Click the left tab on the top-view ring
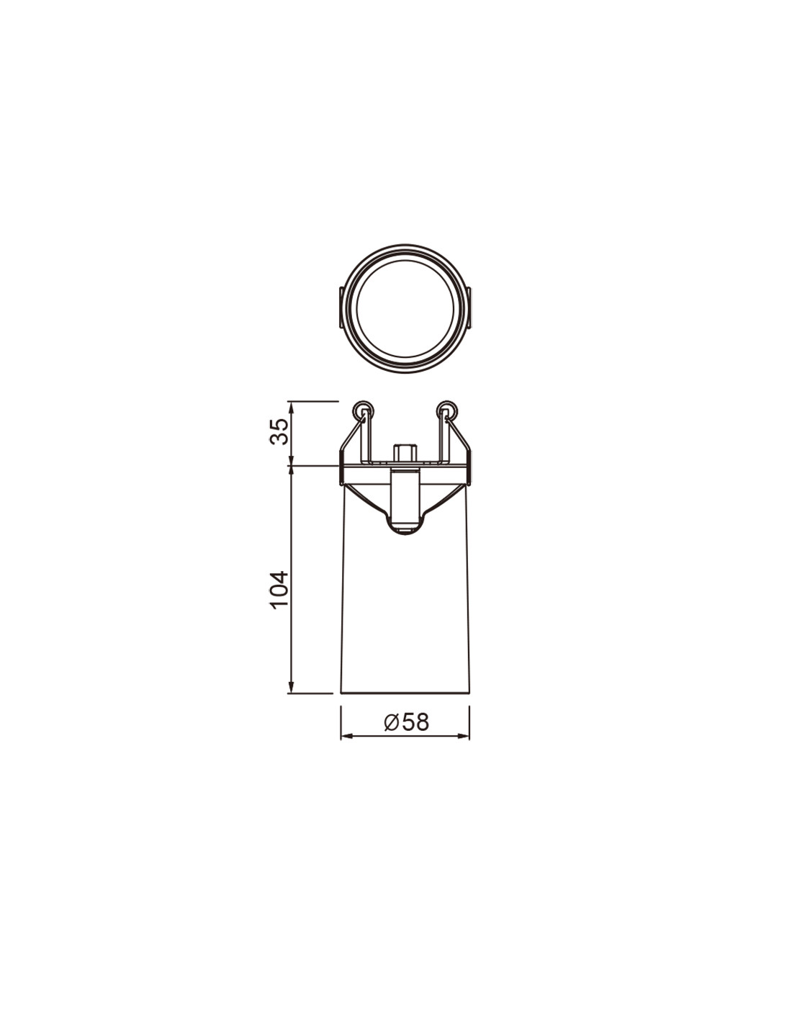point(341,307)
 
